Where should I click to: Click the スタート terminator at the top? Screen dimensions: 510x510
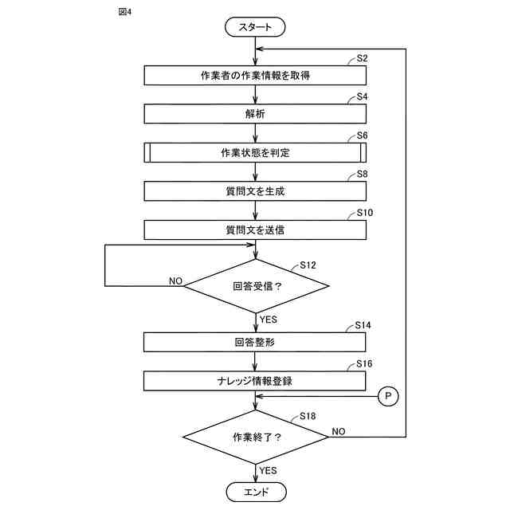tap(255, 27)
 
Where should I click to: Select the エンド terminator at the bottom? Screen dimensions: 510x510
tap(256, 492)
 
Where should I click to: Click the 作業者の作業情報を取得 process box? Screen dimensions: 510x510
tap(255, 76)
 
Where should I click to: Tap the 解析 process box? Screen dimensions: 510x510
tap(255, 114)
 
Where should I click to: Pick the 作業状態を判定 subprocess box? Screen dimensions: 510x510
tap(255, 152)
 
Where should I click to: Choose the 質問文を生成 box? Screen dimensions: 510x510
tap(255, 191)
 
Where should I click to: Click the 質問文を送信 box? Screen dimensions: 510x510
tap(255, 230)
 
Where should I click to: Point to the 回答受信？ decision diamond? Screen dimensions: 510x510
tap(257, 286)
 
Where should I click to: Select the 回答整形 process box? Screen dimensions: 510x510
tap(255, 342)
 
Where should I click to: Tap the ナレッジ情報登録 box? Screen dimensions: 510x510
tap(255, 381)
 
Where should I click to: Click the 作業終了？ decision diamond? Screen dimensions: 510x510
tap(256, 437)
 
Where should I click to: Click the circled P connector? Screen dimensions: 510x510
tap(388, 396)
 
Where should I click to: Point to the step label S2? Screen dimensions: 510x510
tap(362, 58)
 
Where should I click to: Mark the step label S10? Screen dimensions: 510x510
tap(365, 213)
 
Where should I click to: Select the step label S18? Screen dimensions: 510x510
tap(308, 416)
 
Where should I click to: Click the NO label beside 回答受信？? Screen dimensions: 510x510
tap(175, 281)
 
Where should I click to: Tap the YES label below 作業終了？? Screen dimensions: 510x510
tap(268, 470)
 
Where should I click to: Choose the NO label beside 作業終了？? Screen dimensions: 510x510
tap(338, 432)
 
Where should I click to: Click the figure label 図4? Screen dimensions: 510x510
tap(125, 12)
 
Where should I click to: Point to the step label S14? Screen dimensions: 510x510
tap(363, 325)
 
